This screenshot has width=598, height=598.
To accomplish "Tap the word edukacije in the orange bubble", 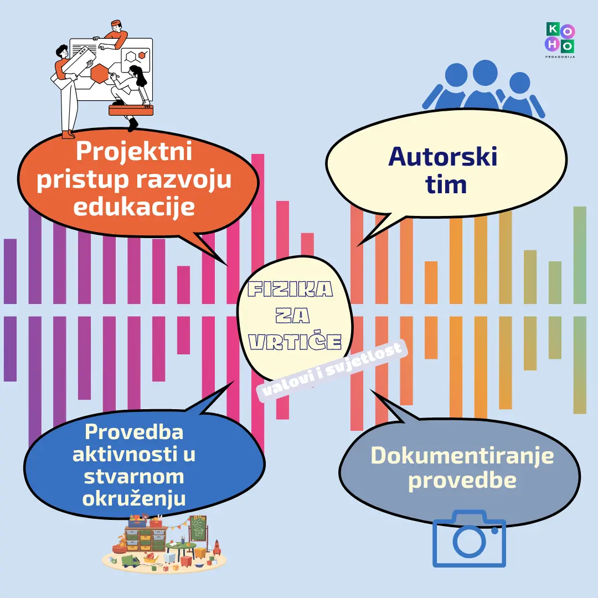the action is click(134, 207).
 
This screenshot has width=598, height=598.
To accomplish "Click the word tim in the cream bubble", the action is click(446, 185).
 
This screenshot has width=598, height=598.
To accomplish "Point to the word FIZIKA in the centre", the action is click(290, 289).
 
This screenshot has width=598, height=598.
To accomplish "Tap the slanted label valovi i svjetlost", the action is click(332, 370).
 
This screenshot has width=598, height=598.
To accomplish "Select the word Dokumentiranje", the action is click(462, 455).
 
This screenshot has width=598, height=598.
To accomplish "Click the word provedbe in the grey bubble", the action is click(462, 481).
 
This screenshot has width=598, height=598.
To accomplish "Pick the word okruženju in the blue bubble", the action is click(133, 498).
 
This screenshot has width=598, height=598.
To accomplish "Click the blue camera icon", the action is click(469, 539).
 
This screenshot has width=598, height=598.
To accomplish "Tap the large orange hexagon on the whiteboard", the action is click(100, 73).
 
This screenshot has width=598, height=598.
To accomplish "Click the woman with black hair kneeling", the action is click(131, 89).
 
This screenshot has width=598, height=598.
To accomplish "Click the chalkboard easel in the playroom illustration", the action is click(198, 529).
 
